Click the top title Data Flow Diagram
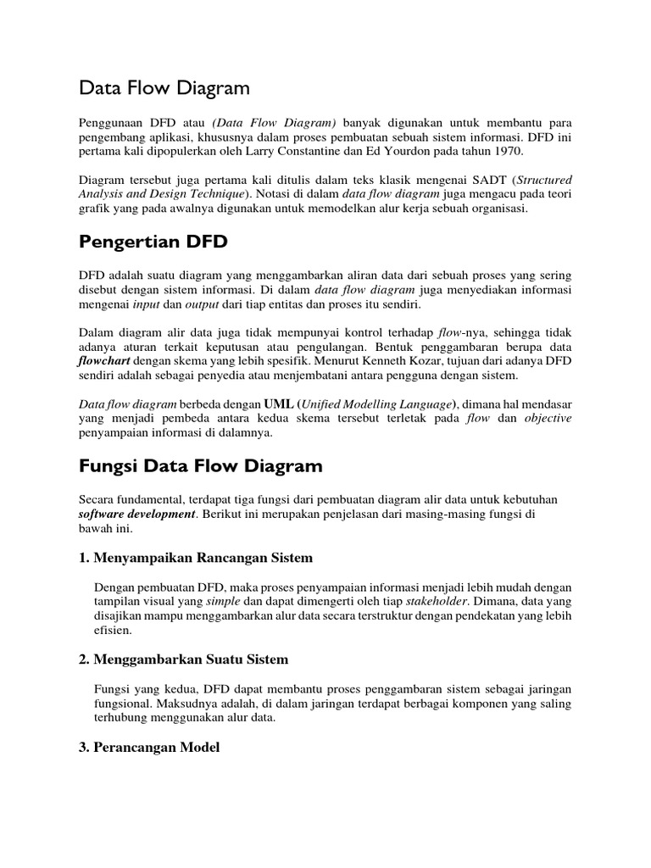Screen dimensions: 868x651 tap(164, 87)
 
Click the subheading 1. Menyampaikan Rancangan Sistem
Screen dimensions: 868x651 tap(196, 558)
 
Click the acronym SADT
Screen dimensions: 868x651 tap(491, 181)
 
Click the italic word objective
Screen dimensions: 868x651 tap(548, 418)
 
